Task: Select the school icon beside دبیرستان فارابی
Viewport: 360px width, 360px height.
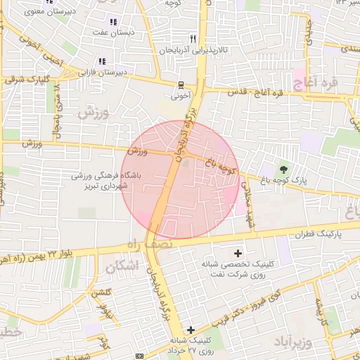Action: [x=102, y=61]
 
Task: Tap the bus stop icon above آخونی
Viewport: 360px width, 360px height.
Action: [x=181, y=84]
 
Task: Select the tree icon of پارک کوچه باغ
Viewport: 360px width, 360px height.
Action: [x=283, y=169]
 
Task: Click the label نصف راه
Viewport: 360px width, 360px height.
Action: [x=140, y=243]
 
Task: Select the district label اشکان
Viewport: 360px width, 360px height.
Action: [x=121, y=267]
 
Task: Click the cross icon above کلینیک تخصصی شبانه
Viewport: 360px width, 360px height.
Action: [x=238, y=253]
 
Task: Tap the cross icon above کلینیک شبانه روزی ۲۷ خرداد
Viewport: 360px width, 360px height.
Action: [x=191, y=330]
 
